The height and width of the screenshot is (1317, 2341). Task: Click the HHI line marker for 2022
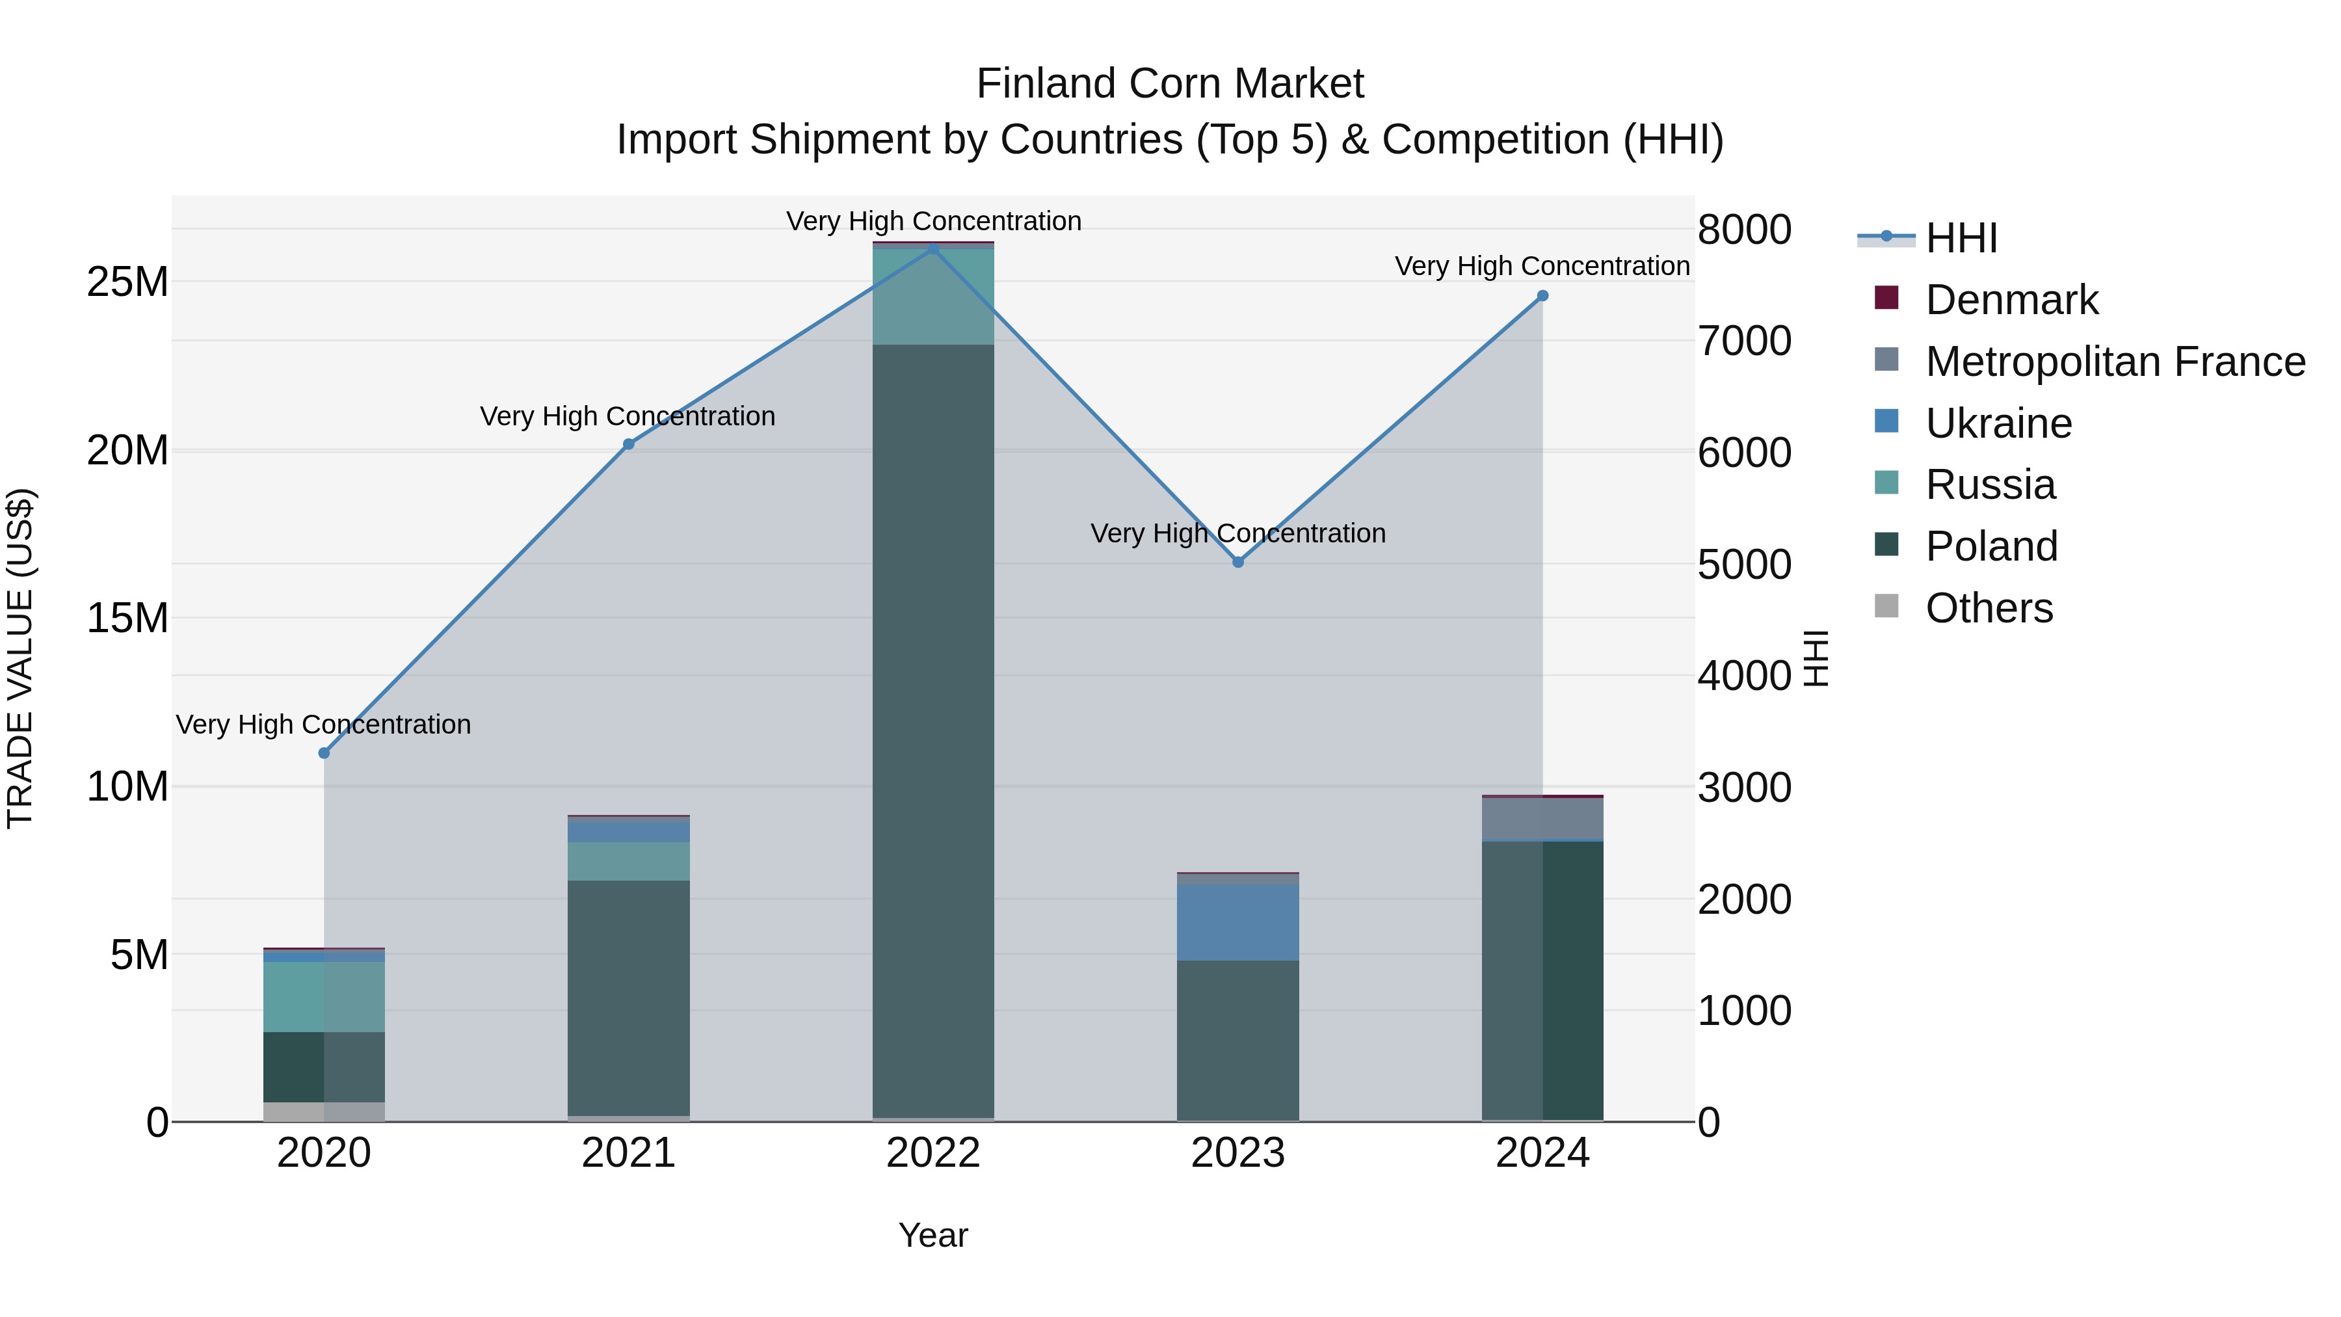pyautogui.click(x=933, y=248)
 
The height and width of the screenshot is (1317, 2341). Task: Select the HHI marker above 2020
pyautogui.click(x=324, y=752)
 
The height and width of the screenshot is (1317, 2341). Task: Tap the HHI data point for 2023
pyautogui.click(x=1237, y=562)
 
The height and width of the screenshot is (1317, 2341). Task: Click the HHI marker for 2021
pyautogui.click(x=628, y=444)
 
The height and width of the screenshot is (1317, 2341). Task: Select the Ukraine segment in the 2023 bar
pyautogui.click(x=1237, y=922)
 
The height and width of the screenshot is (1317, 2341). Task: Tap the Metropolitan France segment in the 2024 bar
pyautogui.click(x=1542, y=819)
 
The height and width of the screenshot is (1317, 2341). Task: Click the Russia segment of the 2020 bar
pyautogui.click(x=324, y=996)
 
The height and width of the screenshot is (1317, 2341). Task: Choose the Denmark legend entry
pyautogui.click(x=2011, y=300)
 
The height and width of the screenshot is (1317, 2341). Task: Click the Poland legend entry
pyautogui.click(x=1991, y=546)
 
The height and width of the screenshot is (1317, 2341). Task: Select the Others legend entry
pyautogui.click(x=1989, y=608)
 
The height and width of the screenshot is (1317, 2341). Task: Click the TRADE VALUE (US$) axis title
pyautogui.click(x=21, y=658)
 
